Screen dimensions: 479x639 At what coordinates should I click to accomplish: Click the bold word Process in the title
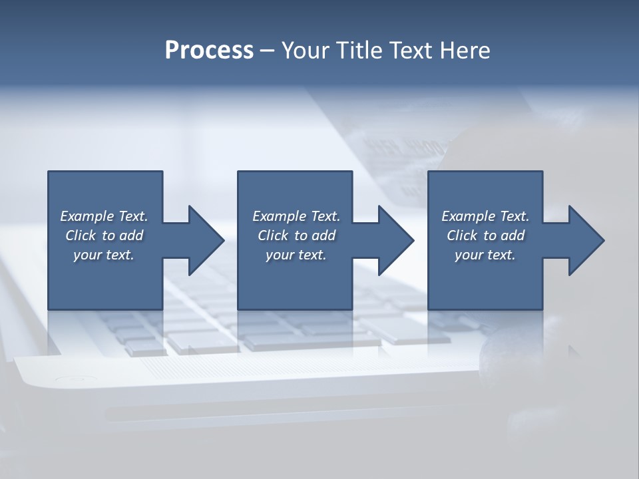click(209, 51)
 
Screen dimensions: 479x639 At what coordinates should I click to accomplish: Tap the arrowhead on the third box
click(585, 240)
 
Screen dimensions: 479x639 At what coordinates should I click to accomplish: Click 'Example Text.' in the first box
click(104, 216)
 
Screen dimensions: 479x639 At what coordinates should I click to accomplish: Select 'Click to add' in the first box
click(104, 236)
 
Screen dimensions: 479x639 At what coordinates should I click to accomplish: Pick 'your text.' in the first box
click(104, 255)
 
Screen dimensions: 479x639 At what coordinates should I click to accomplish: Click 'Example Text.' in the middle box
click(296, 216)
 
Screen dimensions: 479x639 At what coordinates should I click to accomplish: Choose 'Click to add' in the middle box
click(296, 236)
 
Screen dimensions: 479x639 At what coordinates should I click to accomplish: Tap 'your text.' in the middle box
click(296, 255)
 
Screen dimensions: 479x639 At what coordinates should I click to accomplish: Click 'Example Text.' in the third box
click(485, 216)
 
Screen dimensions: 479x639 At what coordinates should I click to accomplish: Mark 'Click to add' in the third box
click(485, 236)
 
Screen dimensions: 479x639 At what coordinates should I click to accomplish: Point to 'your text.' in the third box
click(485, 255)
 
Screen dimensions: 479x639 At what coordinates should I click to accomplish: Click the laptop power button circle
click(67, 381)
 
